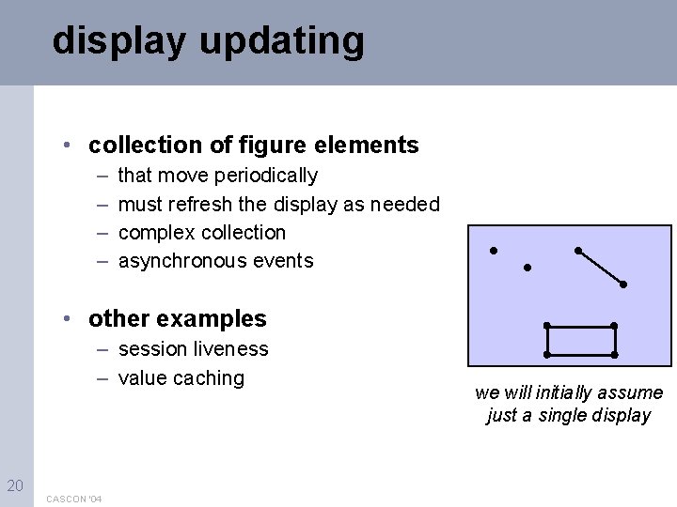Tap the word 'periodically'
pos(266,176)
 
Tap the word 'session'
pos(151,349)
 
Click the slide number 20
pos(15,484)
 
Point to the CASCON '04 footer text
pos(74,498)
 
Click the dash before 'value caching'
pos(100,377)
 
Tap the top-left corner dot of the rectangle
pos(547,326)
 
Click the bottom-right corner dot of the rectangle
pos(614,355)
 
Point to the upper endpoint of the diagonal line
pos(577,250)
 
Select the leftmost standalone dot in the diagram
pos(493,251)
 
